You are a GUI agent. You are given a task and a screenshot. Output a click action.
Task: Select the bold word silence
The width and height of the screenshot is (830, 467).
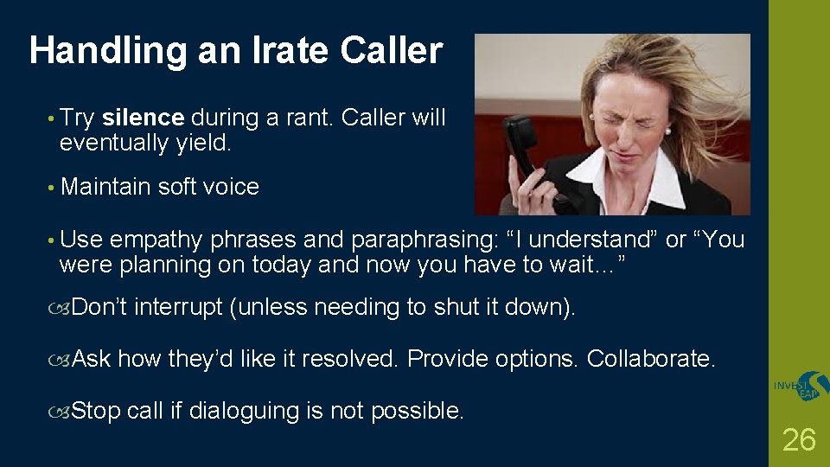[x=143, y=118]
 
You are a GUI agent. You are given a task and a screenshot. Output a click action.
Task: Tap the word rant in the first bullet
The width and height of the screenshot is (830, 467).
[x=309, y=118]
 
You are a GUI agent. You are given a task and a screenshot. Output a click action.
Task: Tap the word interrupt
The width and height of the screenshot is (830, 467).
[x=178, y=307]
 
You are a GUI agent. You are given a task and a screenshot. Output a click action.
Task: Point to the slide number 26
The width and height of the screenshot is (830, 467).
[x=798, y=440]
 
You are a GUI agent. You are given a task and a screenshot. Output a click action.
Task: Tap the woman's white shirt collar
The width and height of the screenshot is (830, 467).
[x=605, y=173]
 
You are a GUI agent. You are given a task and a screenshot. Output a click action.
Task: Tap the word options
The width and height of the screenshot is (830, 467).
[x=542, y=358]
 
